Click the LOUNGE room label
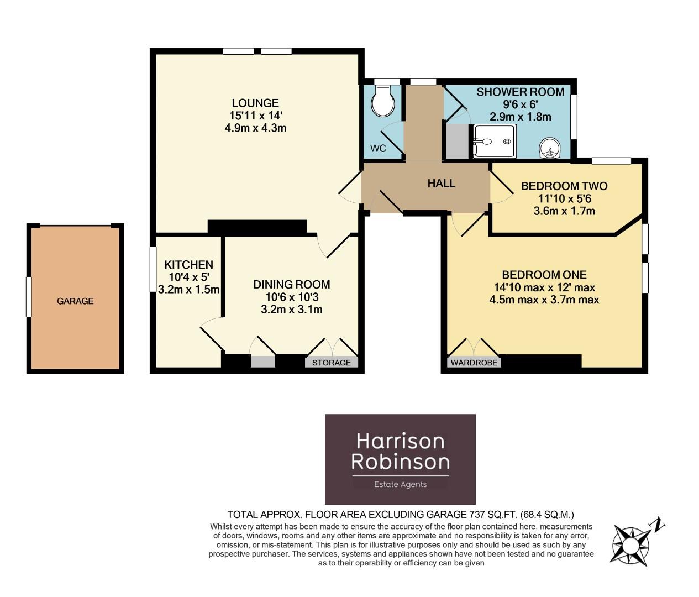[x=255, y=103]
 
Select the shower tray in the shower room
[x=493, y=142]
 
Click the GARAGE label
[x=75, y=301]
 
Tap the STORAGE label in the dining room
[x=332, y=363]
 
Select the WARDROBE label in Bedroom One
[x=474, y=363]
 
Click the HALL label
[x=441, y=184]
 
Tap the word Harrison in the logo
[x=400, y=441]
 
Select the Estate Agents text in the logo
[x=400, y=484]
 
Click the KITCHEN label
[x=188, y=265]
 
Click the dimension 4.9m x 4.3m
[x=255, y=128]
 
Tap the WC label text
[x=378, y=149]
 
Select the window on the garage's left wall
[x=29, y=297]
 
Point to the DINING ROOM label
[x=291, y=285]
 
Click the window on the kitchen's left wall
[x=153, y=269]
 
